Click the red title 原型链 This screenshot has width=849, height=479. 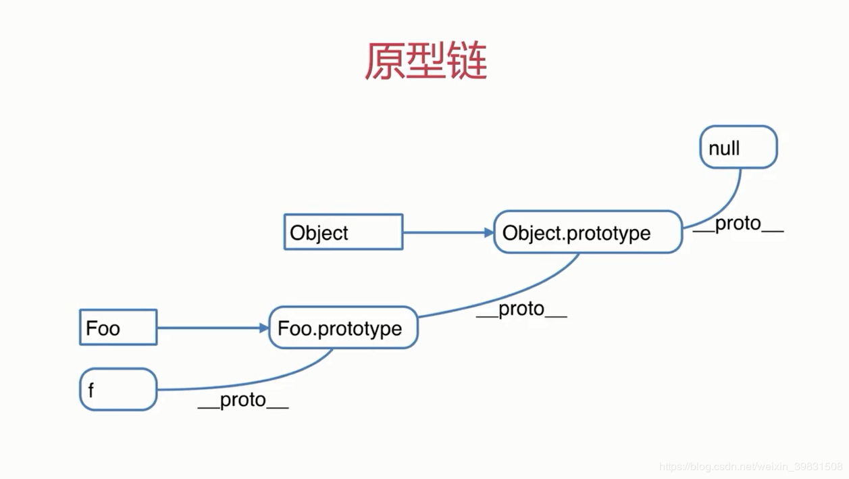point(426,61)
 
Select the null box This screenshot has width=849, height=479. point(738,147)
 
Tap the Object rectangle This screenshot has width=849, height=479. point(343,232)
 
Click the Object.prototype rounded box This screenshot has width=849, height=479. point(588,232)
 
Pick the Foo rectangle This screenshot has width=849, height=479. point(118,328)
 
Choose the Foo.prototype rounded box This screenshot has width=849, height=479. point(343,328)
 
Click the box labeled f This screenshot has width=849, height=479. point(118,389)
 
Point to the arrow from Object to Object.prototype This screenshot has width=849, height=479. point(446,232)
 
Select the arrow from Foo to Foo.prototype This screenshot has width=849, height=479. point(209,328)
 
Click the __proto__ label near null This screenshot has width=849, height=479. point(738,224)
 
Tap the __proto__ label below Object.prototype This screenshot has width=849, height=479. point(521,309)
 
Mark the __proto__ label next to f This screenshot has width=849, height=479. point(243,401)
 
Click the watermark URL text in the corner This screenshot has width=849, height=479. point(750,467)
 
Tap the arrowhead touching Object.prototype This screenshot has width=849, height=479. point(490,232)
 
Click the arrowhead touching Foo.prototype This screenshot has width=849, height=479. point(264,328)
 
